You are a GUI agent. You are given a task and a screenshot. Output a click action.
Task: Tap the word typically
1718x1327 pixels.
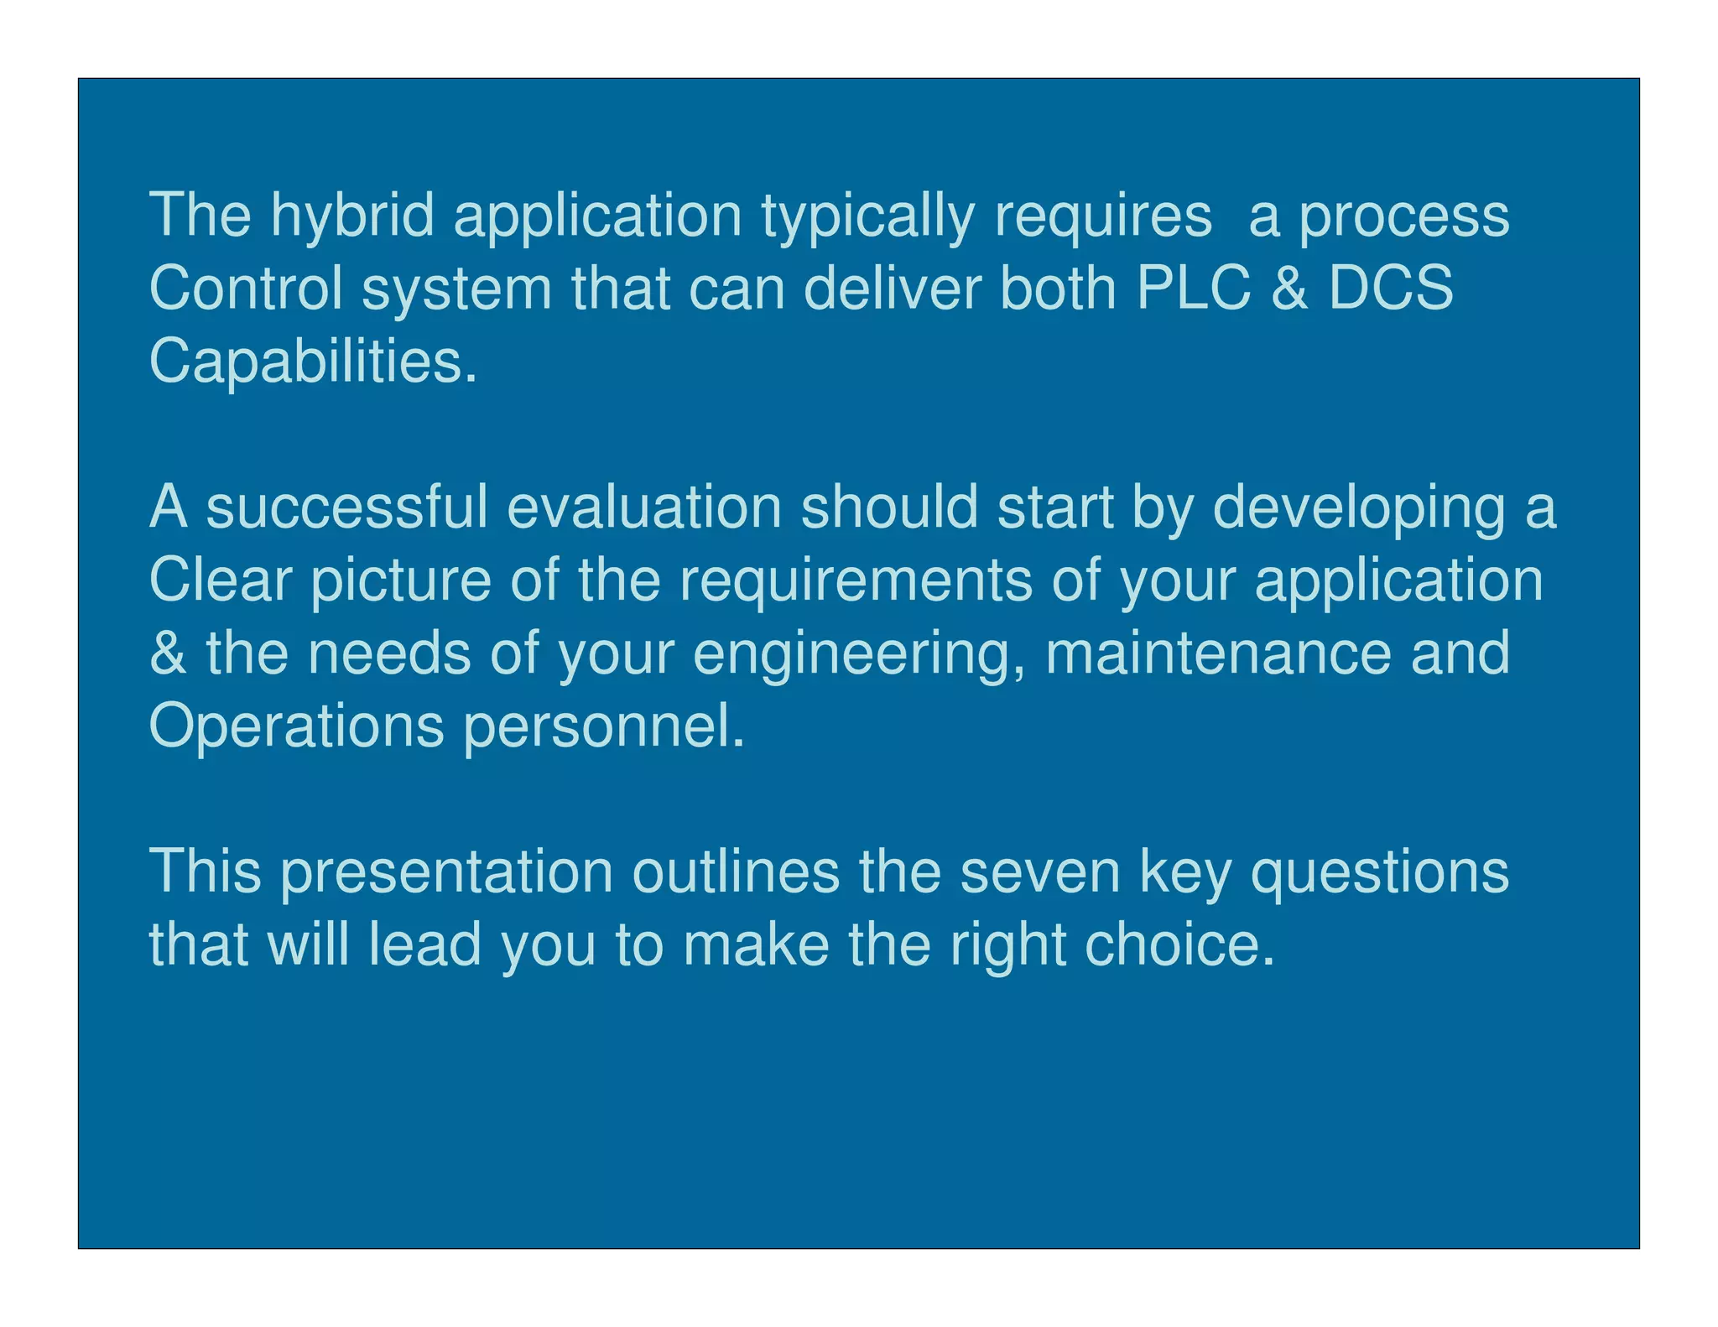click(x=867, y=216)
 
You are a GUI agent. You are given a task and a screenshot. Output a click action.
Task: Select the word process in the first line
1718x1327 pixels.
click(x=1404, y=216)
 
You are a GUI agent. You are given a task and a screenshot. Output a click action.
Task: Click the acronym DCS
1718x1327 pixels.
click(x=1392, y=288)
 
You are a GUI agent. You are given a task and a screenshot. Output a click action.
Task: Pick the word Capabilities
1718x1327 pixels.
click(x=313, y=361)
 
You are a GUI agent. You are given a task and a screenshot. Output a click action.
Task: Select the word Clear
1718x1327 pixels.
click(x=221, y=580)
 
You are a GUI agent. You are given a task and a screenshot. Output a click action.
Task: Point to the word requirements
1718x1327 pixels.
click(x=856, y=581)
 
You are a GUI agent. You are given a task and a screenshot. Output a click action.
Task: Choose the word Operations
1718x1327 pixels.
click(x=296, y=726)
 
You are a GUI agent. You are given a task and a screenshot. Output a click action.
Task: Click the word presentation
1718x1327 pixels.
click(x=446, y=872)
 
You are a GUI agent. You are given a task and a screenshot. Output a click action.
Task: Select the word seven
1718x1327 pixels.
click(x=1040, y=872)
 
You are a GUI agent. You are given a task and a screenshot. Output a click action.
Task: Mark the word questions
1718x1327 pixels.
click(x=1380, y=872)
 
